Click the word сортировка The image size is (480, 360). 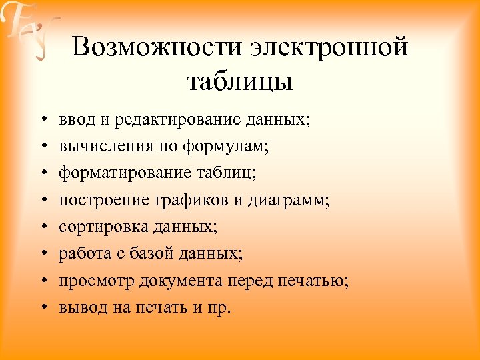[99, 227]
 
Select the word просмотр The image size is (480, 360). [97, 280]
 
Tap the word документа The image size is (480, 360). [177, 280]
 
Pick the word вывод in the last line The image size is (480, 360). [78, 307]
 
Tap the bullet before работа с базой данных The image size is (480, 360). [41, 254]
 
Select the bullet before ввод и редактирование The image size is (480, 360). [41, 121]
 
